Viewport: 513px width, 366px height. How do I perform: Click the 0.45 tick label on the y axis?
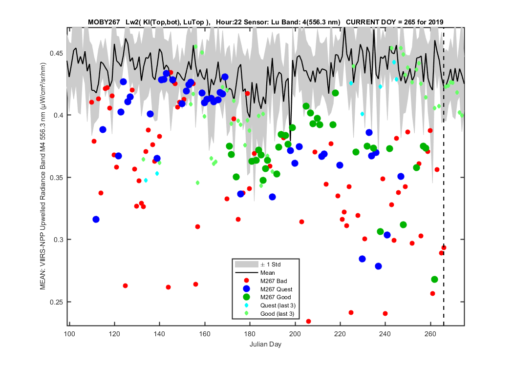[x=57, y=53]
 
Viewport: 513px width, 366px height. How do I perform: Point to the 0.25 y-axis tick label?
[x=57, y=302]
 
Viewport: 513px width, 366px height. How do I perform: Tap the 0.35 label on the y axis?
[x=57, y=178]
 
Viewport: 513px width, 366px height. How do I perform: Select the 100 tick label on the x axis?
[x=69, y=334]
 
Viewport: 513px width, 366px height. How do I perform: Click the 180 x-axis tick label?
[x=250, y=334]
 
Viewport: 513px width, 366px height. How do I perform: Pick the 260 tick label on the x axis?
[x=430, y=334]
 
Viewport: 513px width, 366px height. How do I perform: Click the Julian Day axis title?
[x=265, y=345]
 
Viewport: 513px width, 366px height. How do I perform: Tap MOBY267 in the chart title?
[x=104, y=22]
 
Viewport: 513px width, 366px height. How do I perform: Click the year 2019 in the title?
[x=435, y=22]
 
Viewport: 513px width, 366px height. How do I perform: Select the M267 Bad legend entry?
[x=274, y=281]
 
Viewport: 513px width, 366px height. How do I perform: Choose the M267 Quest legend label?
[x=277, y=289]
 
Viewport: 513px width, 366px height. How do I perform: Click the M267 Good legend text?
[x=276, y=297]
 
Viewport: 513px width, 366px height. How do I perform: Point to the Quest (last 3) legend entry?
[x=278, y=305]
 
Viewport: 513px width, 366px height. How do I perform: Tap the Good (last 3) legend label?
[x=277, y=314]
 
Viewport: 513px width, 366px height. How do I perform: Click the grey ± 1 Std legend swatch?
[x=247, y=264]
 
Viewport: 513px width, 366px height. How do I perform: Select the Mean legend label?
[x=268, y=273]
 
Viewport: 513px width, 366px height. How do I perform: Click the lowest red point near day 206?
[x=308, y=322]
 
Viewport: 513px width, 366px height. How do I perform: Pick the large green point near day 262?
[x=434, y=280]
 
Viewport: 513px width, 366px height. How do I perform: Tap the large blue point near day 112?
[x=96, y=219]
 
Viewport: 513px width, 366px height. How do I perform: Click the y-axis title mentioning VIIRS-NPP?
[x=43, y=176]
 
